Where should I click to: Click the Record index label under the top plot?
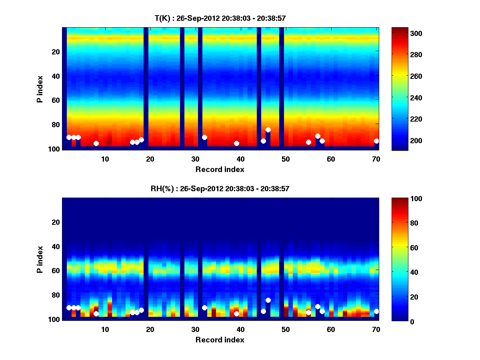click(220, 169)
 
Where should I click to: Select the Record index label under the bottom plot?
click(220, 340)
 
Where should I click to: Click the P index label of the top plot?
click(40, 88)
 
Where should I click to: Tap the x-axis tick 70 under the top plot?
click(376, 158)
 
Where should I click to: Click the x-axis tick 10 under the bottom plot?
click(105, 329)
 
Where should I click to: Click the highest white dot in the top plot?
click(268, 130)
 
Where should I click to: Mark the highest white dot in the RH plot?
click(268, 300)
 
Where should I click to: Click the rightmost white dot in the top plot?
click(376, 141)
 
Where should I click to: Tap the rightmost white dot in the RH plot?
click(376, 311)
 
